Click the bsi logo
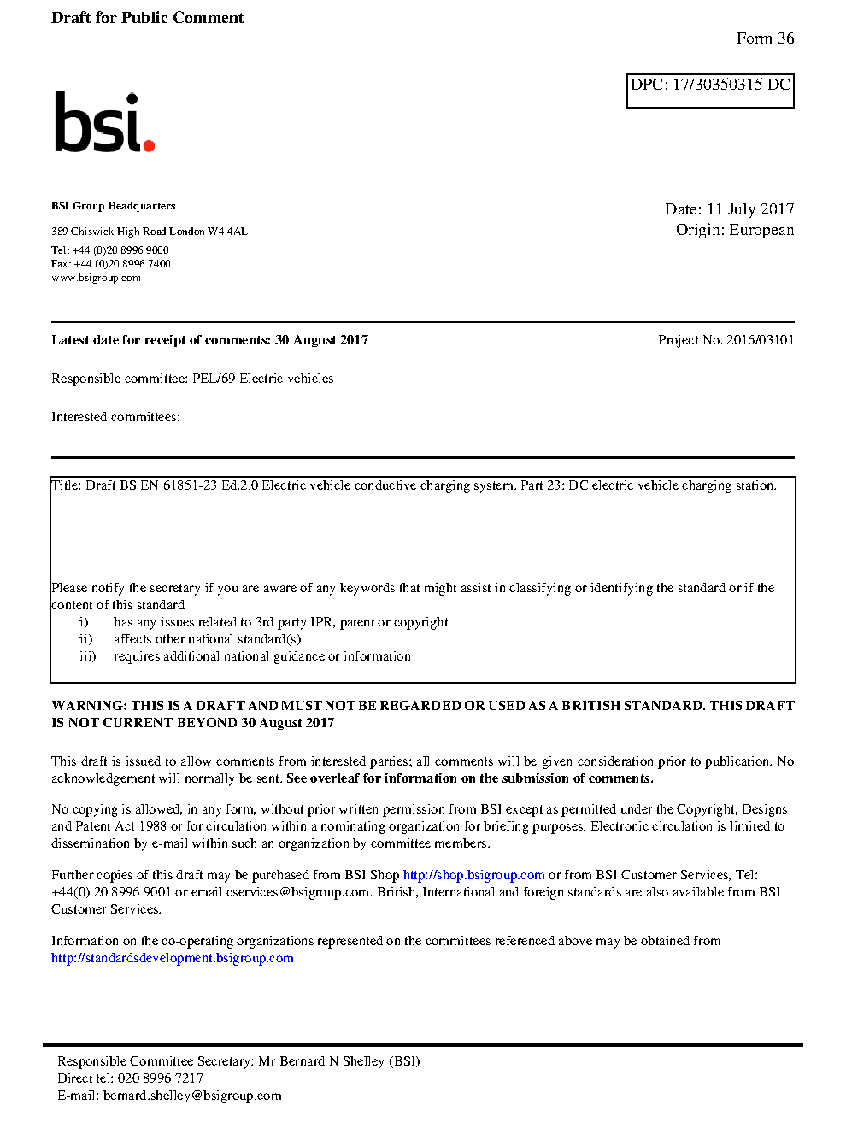(103, 122)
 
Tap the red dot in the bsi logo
(149, 145)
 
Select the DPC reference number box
(710, 91)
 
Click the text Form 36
(765, 38)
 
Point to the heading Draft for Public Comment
(147, 18)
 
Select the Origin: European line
(734, 230)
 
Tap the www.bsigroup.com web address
(96, 278)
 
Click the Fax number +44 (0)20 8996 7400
(122, 264)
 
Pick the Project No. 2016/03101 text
(726, 340)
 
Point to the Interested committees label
(115, 417)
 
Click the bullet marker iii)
(87, 656)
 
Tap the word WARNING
(89, 706)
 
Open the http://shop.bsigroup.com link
(473, 875)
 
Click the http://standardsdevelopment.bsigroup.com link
(172, 958)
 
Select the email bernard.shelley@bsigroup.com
(192, 1096)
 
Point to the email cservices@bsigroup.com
(297, 892)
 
